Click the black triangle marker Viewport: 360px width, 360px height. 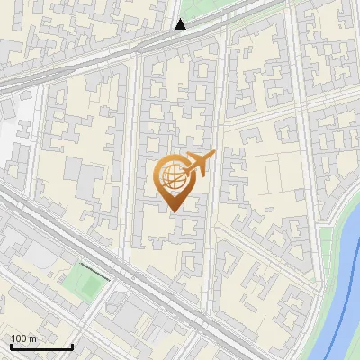[x=181, y=24]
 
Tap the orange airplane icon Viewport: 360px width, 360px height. [x=195, y=166]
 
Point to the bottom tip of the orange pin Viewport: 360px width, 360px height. [x=172, y=211]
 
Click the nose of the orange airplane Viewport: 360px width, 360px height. [x=213, y=155]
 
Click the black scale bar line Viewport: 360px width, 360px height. [x=40, y=346]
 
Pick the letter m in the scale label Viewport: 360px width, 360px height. [x=33, y=338]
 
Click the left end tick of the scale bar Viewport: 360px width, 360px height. [x=10, y=345]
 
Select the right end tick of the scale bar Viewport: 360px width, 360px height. [x=72, y=345]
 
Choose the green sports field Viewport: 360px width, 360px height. [x=88, y=286]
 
